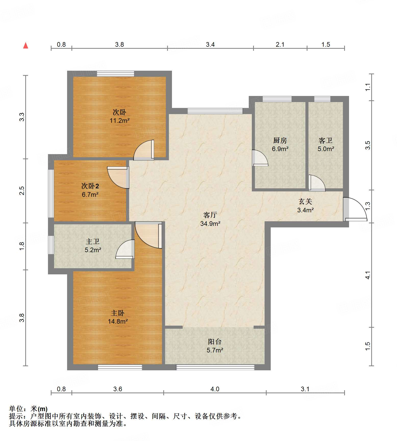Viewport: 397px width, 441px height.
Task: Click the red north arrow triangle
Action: coord(26,45)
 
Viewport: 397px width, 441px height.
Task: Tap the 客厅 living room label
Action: coord(210,215)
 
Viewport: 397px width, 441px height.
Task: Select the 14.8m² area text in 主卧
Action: coord(118,321)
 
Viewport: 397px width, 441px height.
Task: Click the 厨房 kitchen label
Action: coord(280,140)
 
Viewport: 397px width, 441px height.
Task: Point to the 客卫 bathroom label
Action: coord(326,140)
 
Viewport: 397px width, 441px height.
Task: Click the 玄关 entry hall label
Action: coord(305,202)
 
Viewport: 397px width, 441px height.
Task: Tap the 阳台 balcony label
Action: coord(215,341)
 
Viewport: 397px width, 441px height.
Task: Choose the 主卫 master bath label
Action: coord(93,241)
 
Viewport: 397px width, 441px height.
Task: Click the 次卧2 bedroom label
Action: coord(90,186)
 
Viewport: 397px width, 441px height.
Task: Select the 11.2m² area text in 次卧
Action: coord(120,120)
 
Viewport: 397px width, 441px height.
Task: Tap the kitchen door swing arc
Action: coord(260,158)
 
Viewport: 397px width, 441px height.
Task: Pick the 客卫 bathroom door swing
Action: coord(317,183)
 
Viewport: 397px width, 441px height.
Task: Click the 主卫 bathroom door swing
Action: coord(125,249)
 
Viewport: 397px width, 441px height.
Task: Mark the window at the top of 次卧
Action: coord(115,73)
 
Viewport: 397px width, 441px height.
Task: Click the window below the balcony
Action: coord(215,367)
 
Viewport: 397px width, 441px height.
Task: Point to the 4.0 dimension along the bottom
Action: coord(215,389)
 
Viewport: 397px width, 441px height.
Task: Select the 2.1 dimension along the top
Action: coord(280,44)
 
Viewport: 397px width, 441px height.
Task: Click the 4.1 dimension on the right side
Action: coord(368,275)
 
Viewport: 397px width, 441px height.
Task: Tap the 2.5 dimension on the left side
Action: coord(22,191)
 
